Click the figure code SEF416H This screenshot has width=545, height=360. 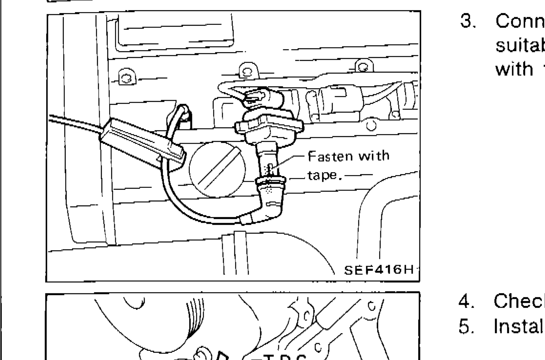point(378,270)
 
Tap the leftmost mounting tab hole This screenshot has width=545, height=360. point(126,78)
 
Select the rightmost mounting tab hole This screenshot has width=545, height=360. point(363,67)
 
